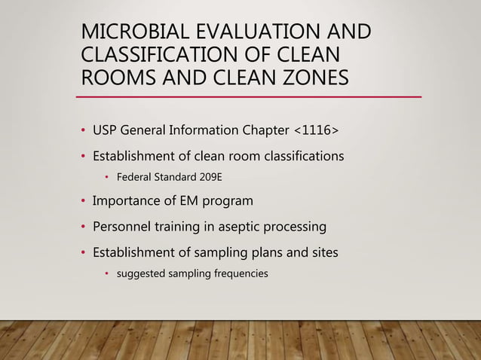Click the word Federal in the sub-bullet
tap(133, 178)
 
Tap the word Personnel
tap(123, 227)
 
